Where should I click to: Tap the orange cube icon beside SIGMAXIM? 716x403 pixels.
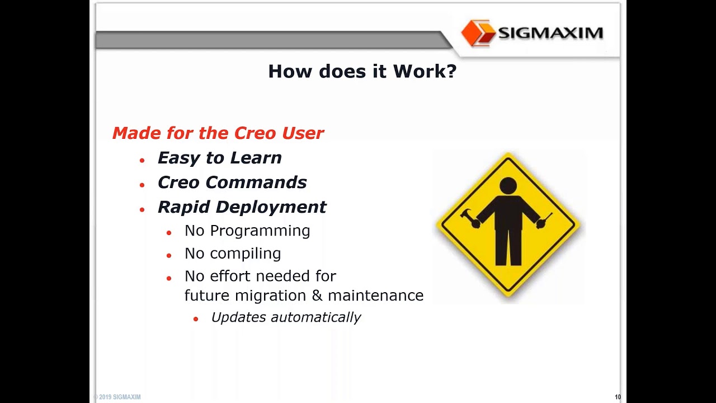coord(478,33)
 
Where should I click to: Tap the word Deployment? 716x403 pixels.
coord(271,207)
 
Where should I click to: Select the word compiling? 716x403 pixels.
coord(246,254)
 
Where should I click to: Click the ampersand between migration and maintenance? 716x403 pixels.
coord(318,296)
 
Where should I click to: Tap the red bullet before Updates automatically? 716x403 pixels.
coord(196,318)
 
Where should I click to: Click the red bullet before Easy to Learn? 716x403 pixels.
coord(142,160)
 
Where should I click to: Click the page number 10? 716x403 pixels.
coord(618,397)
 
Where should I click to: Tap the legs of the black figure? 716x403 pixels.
coord(508,246)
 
